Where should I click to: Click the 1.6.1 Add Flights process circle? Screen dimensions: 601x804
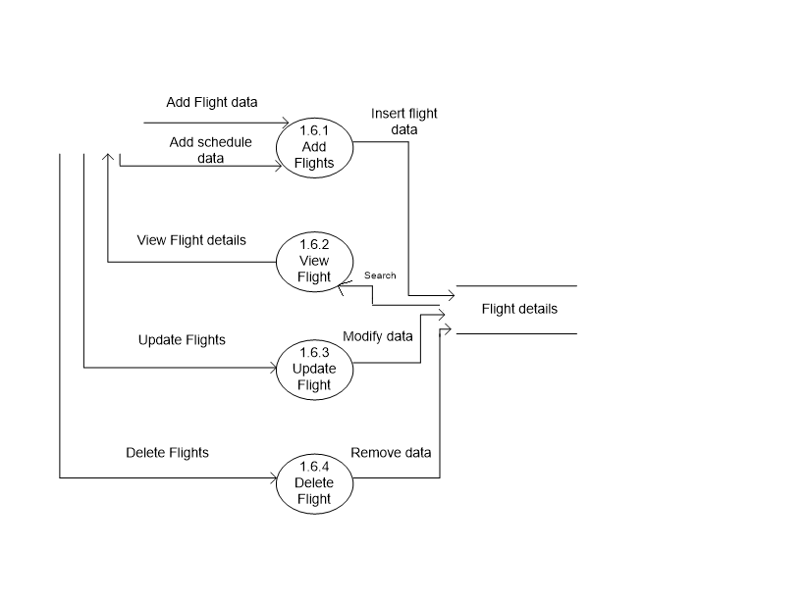pyautogui.click(x=314, y=148)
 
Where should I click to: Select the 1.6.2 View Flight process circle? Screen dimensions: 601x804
pyautogui.click(x=314, y=262)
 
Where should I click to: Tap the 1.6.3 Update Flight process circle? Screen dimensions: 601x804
pyautogui.click(x=314, y=370)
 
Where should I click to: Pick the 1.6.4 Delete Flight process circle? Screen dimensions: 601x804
pyautogui.click(x=314, y=483)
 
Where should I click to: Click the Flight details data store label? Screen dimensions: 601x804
pyautogui.click(x=519, y=309)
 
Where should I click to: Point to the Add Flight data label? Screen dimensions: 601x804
pyautogui.click(x=212, y=102)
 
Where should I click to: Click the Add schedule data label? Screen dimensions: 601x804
pyautogui.click(x=210, y=150)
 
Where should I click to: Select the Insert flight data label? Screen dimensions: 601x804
pyautogui.click(x=403, y=121)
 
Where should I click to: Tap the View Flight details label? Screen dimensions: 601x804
pyautogui.click(x=190, y=240)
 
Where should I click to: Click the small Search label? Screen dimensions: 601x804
pyautogui.click(x=380, y=275)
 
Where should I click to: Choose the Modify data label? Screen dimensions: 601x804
pyautogui.click(x=378, y=336)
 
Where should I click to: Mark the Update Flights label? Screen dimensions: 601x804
pyautogui.click(x=182, y=340)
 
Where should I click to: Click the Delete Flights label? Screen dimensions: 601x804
pyautogui.click(x=167, y=453)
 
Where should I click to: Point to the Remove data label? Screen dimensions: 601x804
pyautogui.click(x=391, y=453)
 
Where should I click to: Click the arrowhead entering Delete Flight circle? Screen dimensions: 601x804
pyautogui.click(x=275, y=478)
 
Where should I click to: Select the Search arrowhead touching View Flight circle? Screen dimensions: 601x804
pyautogui.click(x=343, y=285)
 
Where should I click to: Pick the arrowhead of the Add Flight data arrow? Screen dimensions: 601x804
pyautogui.click(x=285, y=124)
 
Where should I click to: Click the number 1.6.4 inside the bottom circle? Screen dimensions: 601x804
pyautogui.click(x=314, y=468)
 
